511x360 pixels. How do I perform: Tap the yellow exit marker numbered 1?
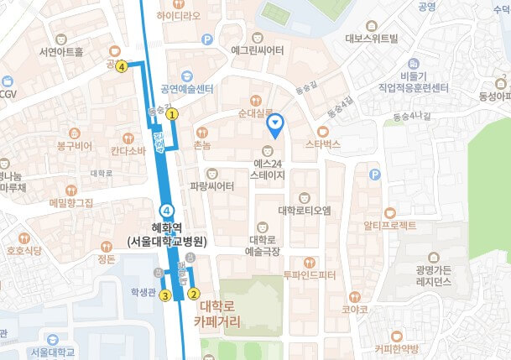pos(172,112)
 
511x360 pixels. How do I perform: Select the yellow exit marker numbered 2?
pos(194,294)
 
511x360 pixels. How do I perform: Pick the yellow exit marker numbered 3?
pos(166,295)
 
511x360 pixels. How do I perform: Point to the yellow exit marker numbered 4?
pos(122,66)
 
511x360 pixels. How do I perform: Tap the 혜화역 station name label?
pos(166,233)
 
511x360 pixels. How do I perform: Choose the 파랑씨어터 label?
pos(212,186)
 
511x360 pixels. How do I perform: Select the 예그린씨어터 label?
pos(257,50)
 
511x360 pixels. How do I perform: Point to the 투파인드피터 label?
pos(309,274)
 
